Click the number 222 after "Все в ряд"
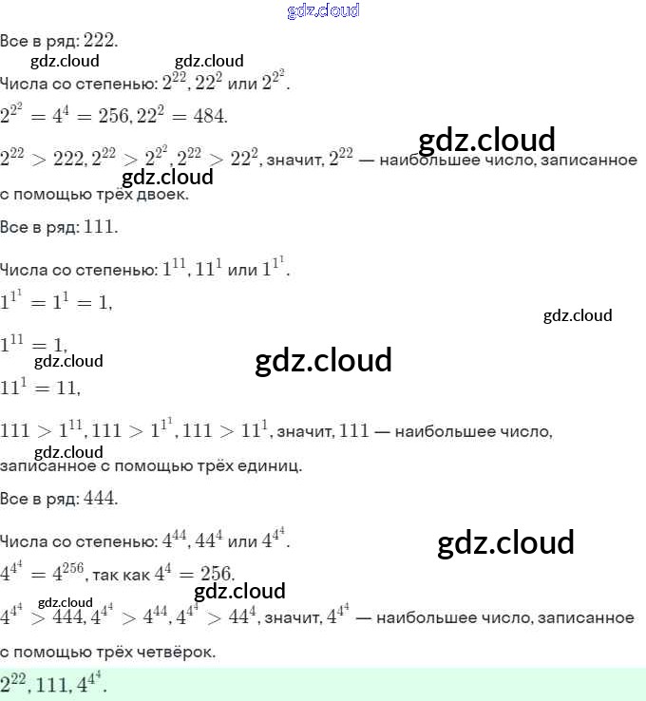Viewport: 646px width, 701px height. point(100,40)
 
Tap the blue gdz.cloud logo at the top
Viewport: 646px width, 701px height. point(323,10)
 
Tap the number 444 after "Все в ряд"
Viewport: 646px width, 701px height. point(100,498)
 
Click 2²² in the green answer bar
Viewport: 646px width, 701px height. point(15,682)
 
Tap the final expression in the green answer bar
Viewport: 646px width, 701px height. point(92,682)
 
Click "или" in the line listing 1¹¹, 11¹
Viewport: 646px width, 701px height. point(244,271)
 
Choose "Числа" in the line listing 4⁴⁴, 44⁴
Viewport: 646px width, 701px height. point(22,541)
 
